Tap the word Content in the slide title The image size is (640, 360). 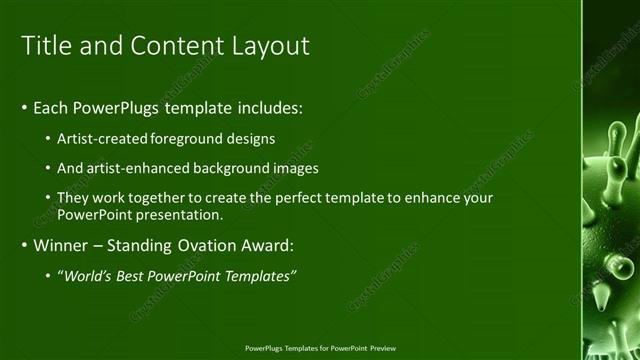(173, 46)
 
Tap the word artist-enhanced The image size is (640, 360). (134, 168)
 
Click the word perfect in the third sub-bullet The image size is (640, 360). (294, 198)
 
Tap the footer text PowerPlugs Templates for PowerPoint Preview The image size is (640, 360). (319, 348)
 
